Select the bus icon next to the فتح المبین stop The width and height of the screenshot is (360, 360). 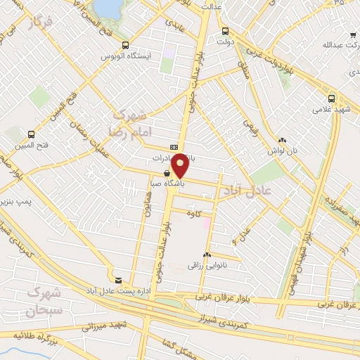coord(31,134)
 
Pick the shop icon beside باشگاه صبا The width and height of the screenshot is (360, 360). coord(166,172)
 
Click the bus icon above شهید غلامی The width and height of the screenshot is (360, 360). coord(331,98)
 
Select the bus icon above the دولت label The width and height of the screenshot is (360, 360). coord(225,31)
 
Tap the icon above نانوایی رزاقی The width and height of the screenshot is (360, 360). coord(207,255)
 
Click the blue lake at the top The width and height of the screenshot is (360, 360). coord(107,7)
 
